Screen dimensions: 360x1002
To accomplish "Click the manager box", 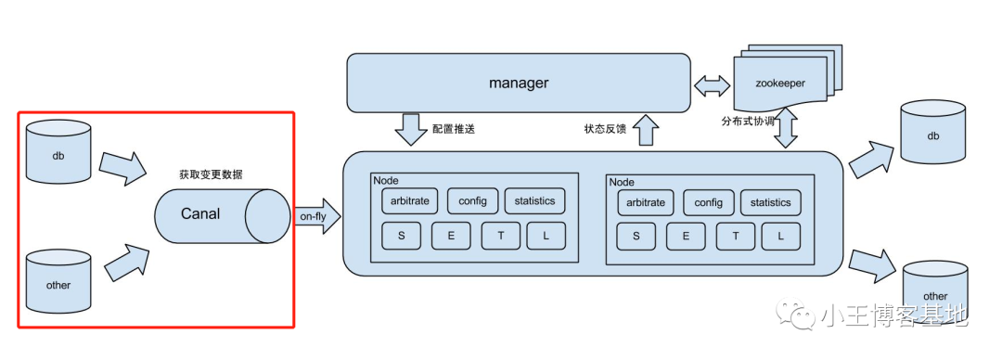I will click(x=519, y=84).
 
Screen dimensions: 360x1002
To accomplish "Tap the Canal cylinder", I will click(x=221, y=213).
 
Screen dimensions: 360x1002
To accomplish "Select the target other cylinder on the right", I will click(x=935, y=289).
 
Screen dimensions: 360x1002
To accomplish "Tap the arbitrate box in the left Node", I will click(x=409, y=201).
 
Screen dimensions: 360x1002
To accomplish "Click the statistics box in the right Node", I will click(x=770, y=202).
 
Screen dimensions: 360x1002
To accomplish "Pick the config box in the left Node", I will click(x=473, y=201).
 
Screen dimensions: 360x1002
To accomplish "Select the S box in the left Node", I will click(x=402, y=237).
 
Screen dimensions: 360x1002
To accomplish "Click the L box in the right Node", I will click(x=781, y=237).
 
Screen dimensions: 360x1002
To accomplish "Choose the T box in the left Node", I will click(x=501, y=237).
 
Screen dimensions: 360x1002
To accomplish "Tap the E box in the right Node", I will click(x=686, y=237).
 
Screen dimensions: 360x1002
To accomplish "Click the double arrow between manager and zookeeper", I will click(x=712, y=88).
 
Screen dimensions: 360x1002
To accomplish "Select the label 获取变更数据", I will click(x=211, y=174).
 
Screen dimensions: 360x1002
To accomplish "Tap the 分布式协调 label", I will click(x=751, y=122).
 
